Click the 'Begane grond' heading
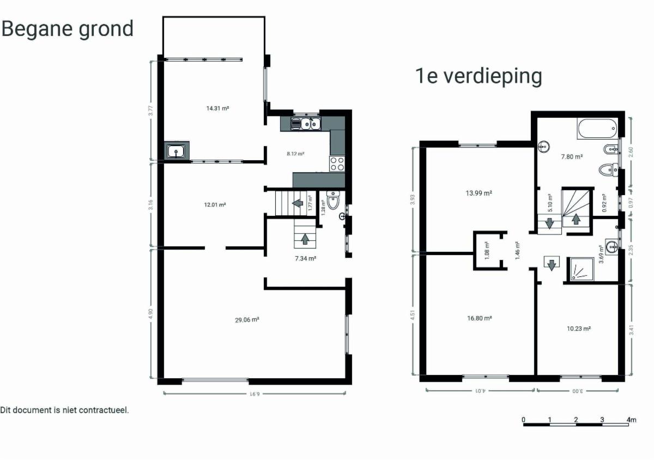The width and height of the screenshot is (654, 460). tap(68, 29)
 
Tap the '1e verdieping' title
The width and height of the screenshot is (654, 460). tap(479, 76)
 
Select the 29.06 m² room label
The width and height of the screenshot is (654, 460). tap(247, 320)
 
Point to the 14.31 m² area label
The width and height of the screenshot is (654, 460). tap(217, 108)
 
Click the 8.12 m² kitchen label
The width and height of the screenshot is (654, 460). tap(295, 154)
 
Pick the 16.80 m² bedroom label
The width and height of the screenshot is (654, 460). tap(480, 318)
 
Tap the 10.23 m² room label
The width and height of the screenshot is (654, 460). tap(579, 329)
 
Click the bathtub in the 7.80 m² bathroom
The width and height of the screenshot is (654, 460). tap(598, 128)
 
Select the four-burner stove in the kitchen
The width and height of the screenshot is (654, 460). tap(337, 164)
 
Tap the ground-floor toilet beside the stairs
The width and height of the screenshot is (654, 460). tap(333, 200)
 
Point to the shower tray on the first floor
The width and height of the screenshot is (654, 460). tap(580, 269)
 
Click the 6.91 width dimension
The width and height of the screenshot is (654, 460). tap(255, 394)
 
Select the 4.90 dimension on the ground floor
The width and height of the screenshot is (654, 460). tap(150, 314)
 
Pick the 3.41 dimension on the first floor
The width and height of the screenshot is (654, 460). tap(631, 330)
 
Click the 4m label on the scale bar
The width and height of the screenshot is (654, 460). tap(631, 420)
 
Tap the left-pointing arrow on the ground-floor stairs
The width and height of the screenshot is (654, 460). tap(298, 203)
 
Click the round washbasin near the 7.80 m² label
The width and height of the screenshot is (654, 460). tap(544, 146)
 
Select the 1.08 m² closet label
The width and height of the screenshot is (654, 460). tap(487, 251)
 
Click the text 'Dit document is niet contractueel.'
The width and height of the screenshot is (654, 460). tap(64, 410)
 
